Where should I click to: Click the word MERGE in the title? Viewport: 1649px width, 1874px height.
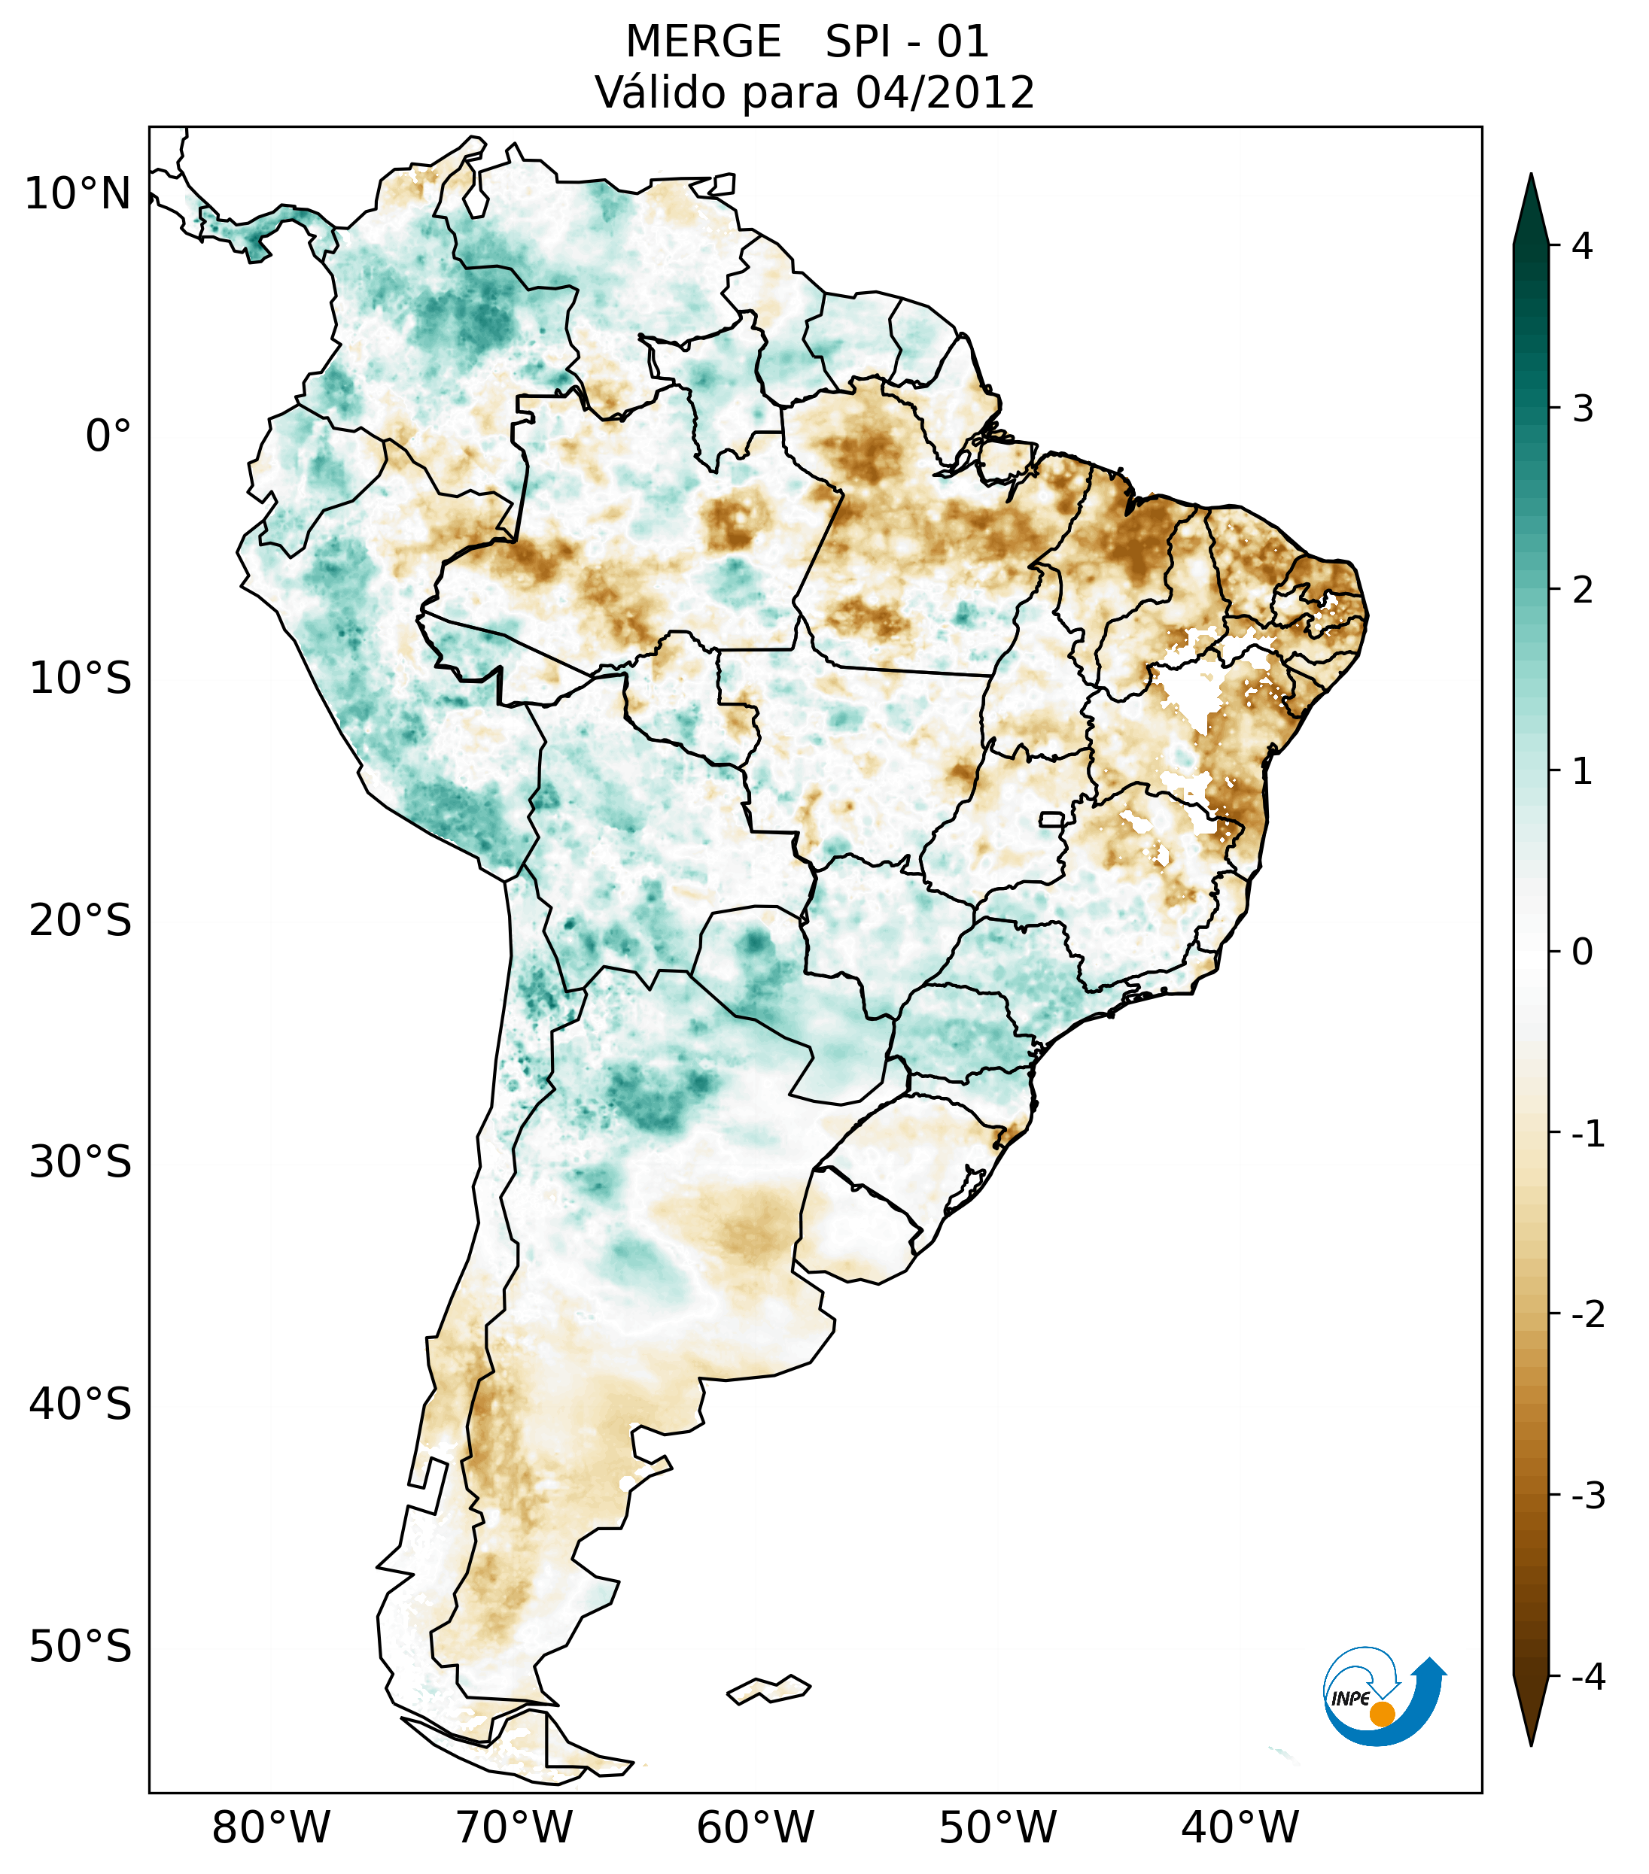[704, 42]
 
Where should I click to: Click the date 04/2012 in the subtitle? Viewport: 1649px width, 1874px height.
[945, 93]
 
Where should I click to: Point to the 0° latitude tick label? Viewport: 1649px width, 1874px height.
[108, 436]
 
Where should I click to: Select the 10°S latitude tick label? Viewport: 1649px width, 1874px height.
[81, 679]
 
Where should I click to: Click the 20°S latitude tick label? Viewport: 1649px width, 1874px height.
[81, 922]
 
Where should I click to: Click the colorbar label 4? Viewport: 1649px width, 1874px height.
[1582, 246]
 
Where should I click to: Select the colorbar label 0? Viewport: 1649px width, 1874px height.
[1582, 952]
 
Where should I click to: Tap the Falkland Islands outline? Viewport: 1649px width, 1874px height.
[768, 1689]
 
